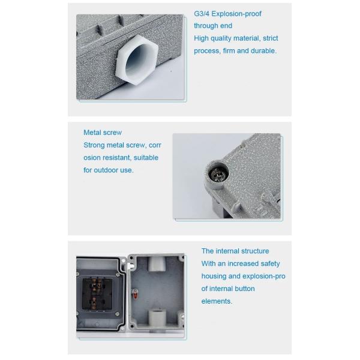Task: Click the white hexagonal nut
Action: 137,60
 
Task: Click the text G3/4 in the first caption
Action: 202,14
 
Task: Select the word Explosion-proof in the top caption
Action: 236,14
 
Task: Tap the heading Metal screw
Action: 103,133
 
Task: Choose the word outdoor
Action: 108,170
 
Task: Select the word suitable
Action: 146,158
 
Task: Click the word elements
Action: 217,301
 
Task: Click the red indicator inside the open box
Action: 135,293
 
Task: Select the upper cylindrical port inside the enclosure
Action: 157,263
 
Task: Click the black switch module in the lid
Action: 97,294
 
